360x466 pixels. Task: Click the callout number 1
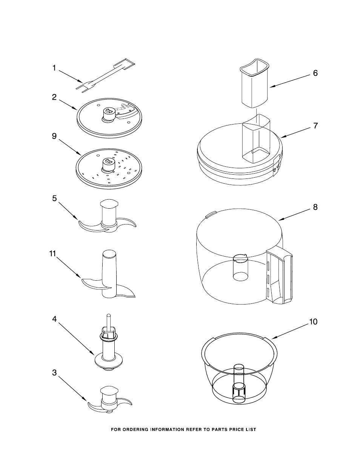click(54, 68)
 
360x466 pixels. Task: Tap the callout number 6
click(315, 73)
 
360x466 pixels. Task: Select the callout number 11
click(52, 254)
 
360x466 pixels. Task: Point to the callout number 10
click(313, 328)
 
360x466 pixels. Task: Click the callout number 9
click(54, 136)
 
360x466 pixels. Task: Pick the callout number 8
click(315, 208)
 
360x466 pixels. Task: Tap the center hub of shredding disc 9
click(109, 165)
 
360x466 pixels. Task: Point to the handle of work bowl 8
click(279, 277)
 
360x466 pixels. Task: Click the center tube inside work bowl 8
click(240, 268)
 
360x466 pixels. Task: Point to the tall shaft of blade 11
click(109, 274)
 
